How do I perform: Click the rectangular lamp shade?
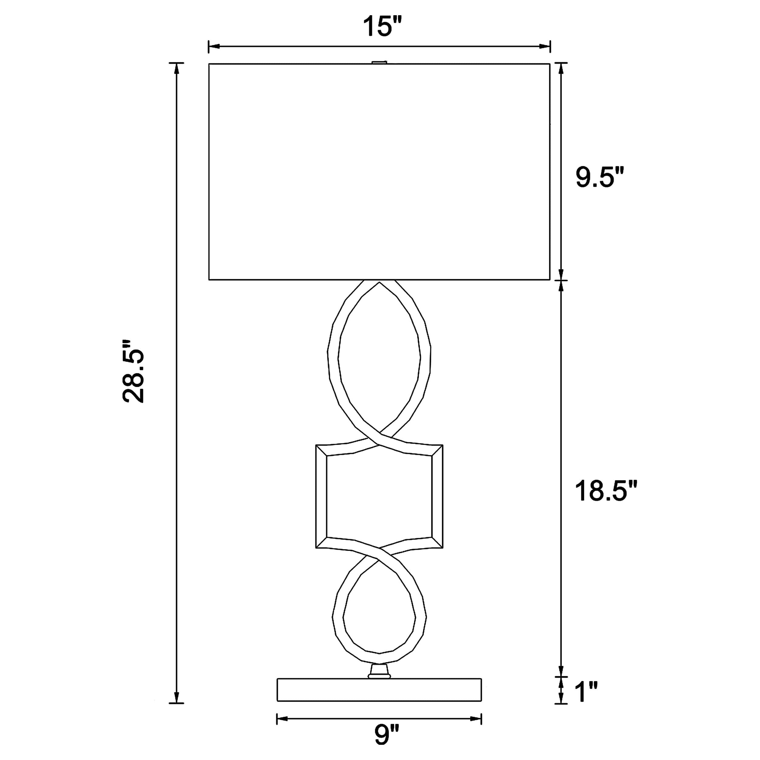pyautogui.click(x=379, y=171)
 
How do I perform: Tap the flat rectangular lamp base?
pyautogui.click(x=379, y=689)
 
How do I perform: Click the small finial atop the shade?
pyautogui.click(x=379, y=62)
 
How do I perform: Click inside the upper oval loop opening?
pyautogui.click(x=379, y=358)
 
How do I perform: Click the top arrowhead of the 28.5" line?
pyautogui.click(x=177, y=68)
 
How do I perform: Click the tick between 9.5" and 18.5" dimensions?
pyautogui.click(x=561, y=280)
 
